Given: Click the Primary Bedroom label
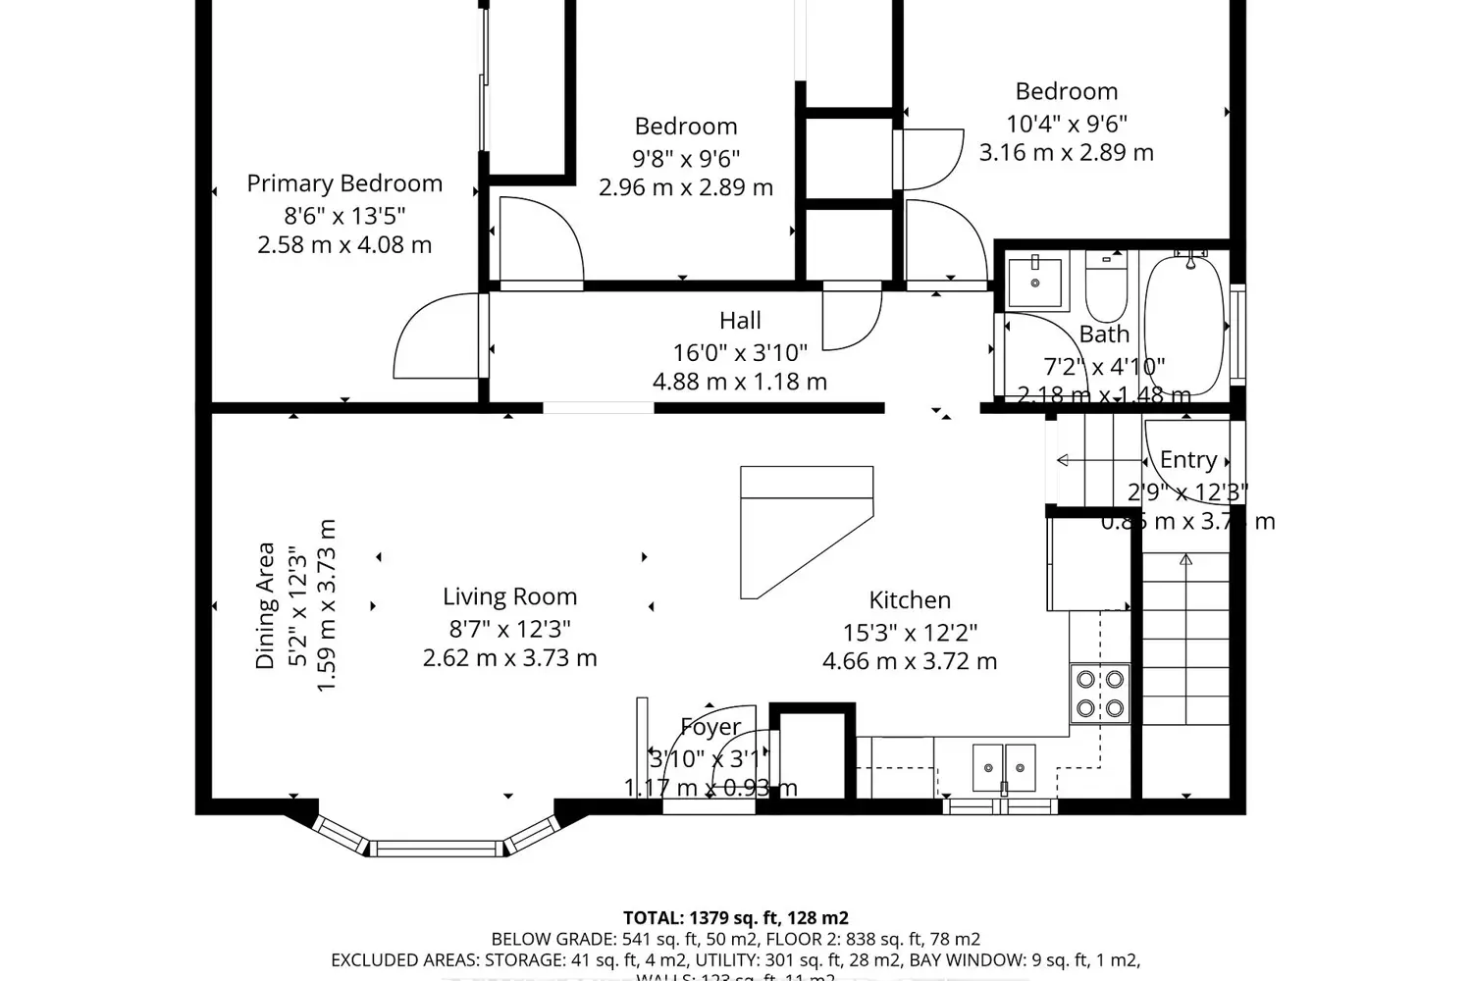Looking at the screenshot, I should coord(343,183).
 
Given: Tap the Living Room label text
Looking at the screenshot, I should coord(509,596).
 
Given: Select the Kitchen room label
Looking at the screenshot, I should coord(910,600).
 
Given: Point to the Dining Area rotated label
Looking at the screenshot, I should coord(265,605).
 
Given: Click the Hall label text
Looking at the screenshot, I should coord(740,321).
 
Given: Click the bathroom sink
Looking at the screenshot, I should coord(1035,281).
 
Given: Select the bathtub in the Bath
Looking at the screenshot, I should coord(1184,324).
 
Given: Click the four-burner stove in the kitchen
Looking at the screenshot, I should coord(1100,693).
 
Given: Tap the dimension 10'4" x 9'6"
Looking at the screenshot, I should coord(1066,124).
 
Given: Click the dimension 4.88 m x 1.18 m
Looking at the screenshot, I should coord(740,382).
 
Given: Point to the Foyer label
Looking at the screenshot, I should coord(710,728).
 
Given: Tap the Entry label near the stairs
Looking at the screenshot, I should coord(1187,460).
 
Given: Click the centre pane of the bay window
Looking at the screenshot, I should coord(438,847).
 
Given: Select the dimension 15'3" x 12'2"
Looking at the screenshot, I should coord(910,633).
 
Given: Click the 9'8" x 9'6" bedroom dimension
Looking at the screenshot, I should coord(686,158).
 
